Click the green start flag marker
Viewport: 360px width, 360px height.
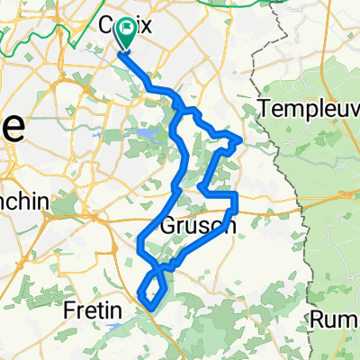click(x=126, y=36)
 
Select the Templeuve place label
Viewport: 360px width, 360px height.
click(x=307, y=108)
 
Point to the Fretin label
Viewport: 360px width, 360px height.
click(x=93, y=311)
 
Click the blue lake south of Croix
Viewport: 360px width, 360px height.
click(x=143, y=134)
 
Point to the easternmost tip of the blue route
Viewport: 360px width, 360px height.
click(x=240, y=139)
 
